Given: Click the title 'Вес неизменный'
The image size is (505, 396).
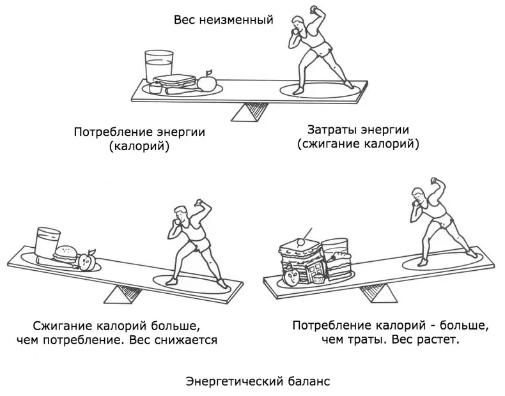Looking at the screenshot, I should [x=223, y=20].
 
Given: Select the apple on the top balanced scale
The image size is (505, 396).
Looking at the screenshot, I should [x=206, y=82].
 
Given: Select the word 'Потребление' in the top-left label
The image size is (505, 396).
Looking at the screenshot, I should [x=113, y=133].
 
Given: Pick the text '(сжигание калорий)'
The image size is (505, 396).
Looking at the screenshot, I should [x=358, y=144].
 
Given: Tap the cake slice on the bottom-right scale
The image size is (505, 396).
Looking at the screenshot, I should [x=338, y=263].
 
